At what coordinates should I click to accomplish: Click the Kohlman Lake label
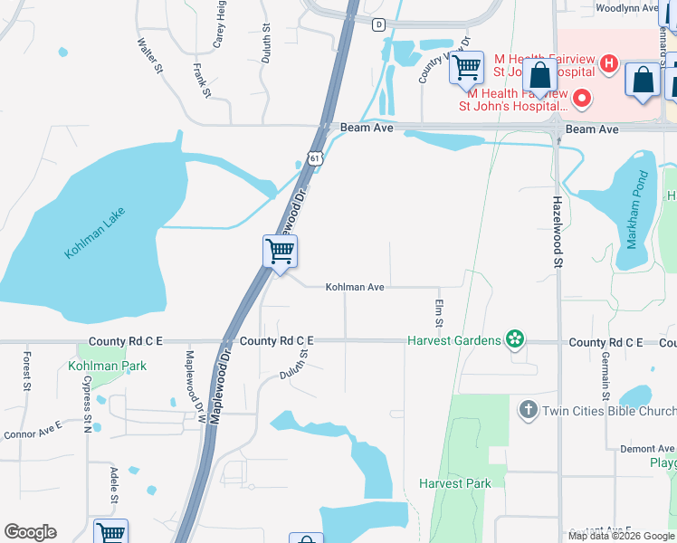94,233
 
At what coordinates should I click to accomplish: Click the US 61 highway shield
314,157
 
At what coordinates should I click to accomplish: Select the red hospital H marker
609,64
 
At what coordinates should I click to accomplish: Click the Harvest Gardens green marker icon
515,339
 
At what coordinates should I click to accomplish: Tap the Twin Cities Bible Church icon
529,411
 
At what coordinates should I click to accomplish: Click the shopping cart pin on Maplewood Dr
281,252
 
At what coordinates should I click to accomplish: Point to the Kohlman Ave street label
356,287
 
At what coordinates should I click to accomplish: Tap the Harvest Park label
455,483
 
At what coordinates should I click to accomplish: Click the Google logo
30,532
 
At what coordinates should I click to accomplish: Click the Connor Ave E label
33,429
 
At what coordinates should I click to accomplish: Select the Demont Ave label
646,449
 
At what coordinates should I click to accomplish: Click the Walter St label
149,55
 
